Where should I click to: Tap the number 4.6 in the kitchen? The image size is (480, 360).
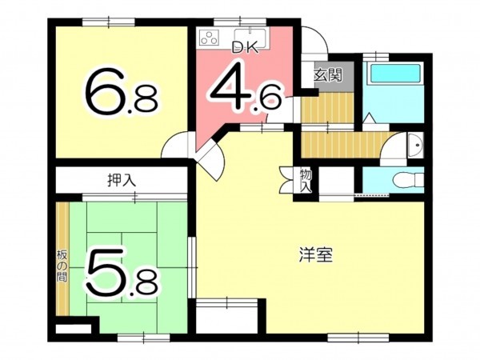[x=245, y=90]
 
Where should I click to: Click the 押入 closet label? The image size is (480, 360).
[x=121, y=181]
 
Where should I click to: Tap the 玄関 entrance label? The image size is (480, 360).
[x=327, y=76]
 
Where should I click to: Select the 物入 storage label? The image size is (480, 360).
[x=306, y=180]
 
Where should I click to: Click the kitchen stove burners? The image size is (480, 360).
[x=210, y=38]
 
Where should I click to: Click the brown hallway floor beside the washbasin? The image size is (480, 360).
[x=344, y=145]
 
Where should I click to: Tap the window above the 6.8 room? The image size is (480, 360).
[x=110, y=19]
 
